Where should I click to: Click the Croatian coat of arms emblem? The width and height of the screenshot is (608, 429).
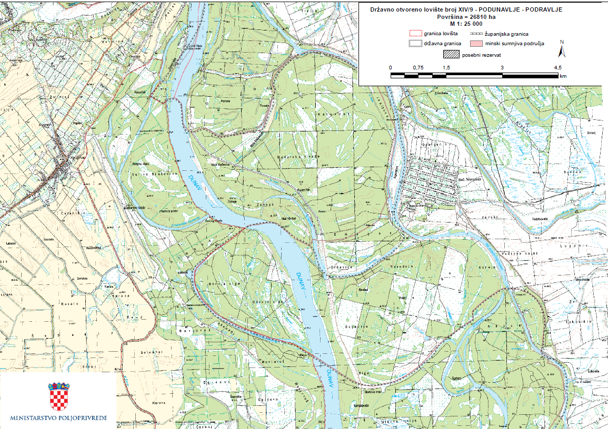[x=59, y=396]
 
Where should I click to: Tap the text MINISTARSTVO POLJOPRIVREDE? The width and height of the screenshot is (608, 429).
[x=58, y=418]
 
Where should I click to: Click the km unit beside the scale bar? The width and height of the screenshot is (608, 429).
[x=563, y=76]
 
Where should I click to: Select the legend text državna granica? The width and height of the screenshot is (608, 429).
[x=443, y=43]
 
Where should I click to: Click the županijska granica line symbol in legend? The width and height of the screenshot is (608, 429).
[x=476, y=33]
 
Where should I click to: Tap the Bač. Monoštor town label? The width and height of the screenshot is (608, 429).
[x=426, y=179]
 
